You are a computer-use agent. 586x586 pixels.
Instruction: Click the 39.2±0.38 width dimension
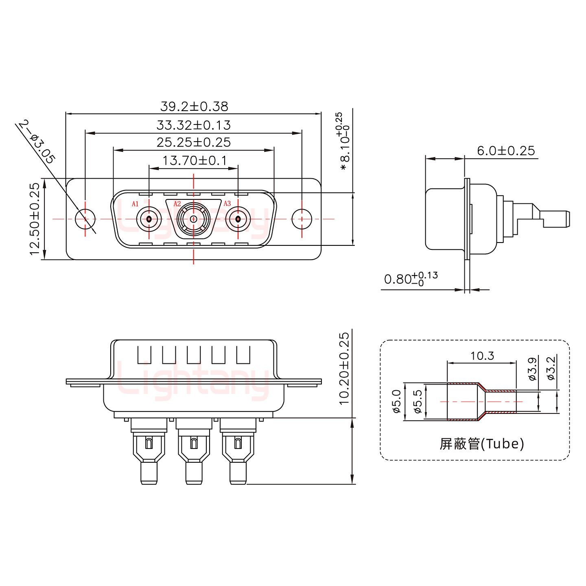(194, 107)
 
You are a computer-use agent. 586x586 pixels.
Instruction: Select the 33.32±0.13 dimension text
(194, 125)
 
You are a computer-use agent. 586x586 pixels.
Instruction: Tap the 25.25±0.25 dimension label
(194, 142)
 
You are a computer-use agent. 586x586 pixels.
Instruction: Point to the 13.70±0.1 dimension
(195, 160)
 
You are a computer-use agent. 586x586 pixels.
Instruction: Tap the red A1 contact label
(136, 204)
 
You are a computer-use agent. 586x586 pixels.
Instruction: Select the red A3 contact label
(227, 203)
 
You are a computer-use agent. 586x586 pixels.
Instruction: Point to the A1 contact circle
(149, 220)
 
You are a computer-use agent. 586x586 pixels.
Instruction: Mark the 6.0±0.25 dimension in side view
(506, 151)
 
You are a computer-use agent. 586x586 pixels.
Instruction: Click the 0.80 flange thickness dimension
(410, 279)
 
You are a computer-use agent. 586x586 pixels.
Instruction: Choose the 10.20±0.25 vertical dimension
(344, 368)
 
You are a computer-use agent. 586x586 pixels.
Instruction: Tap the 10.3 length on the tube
(482, 356)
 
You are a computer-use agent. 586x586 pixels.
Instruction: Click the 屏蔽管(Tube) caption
(481, 444)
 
